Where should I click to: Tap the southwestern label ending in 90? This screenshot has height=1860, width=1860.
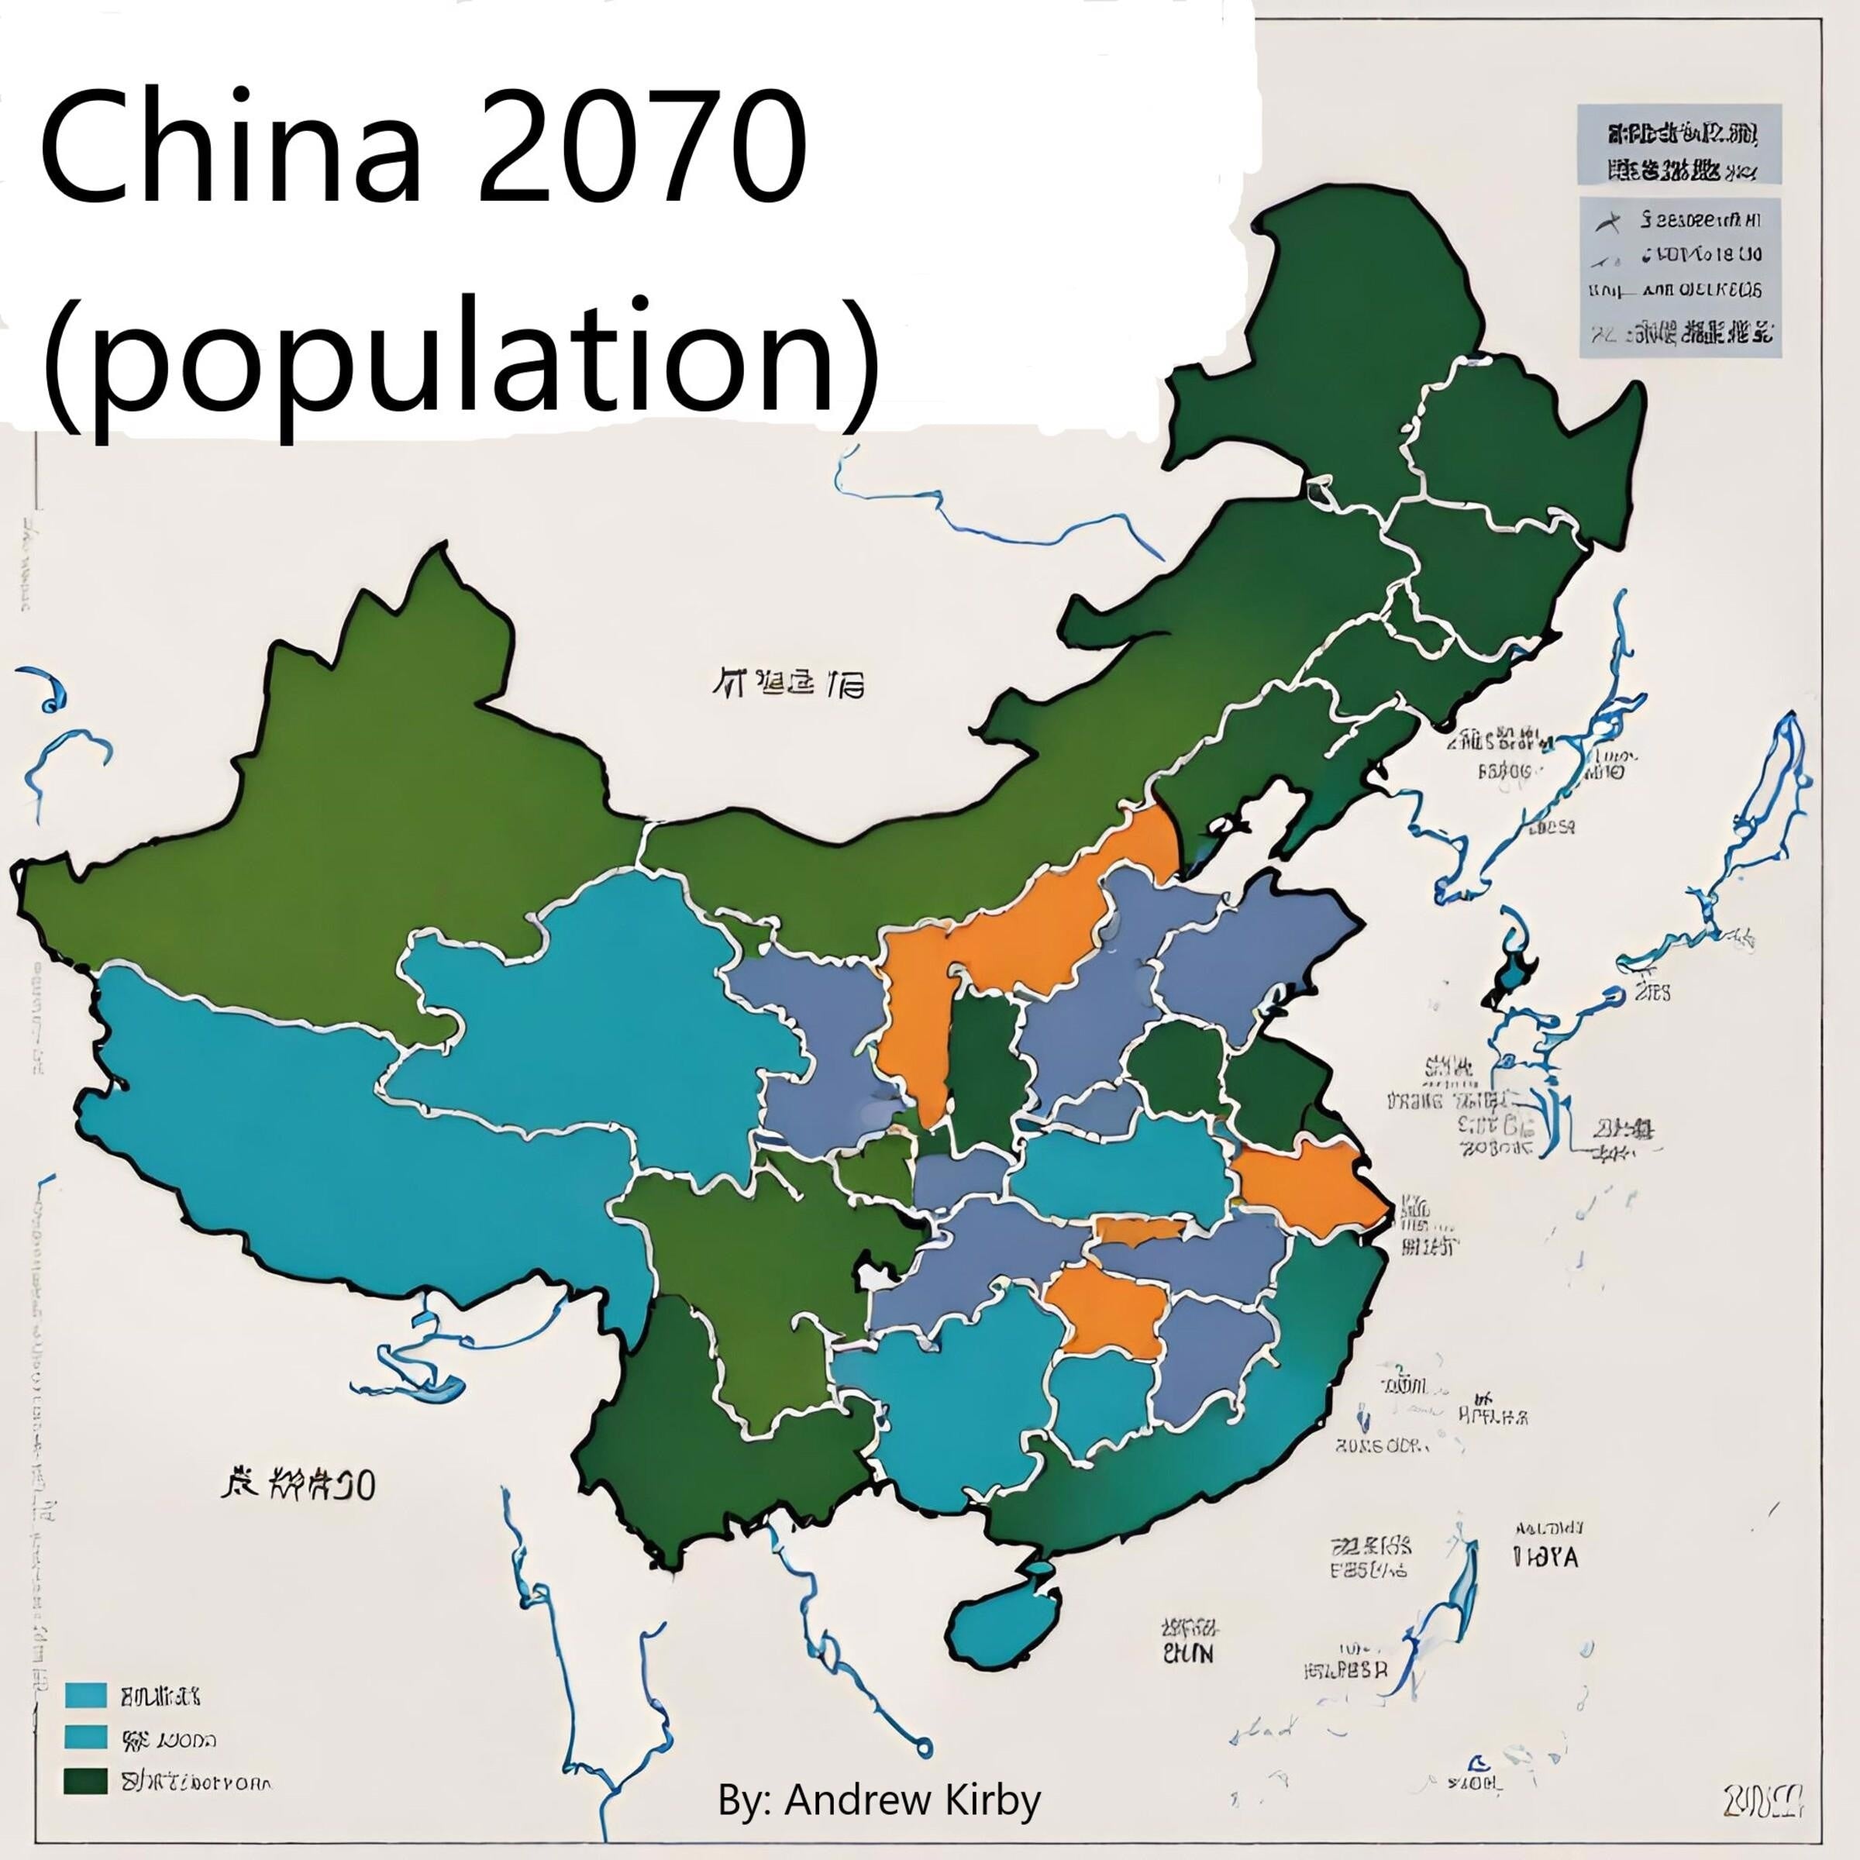(x=298, y=1486)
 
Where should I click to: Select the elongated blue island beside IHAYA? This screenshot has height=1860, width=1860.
(x=1462, y=1589)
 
